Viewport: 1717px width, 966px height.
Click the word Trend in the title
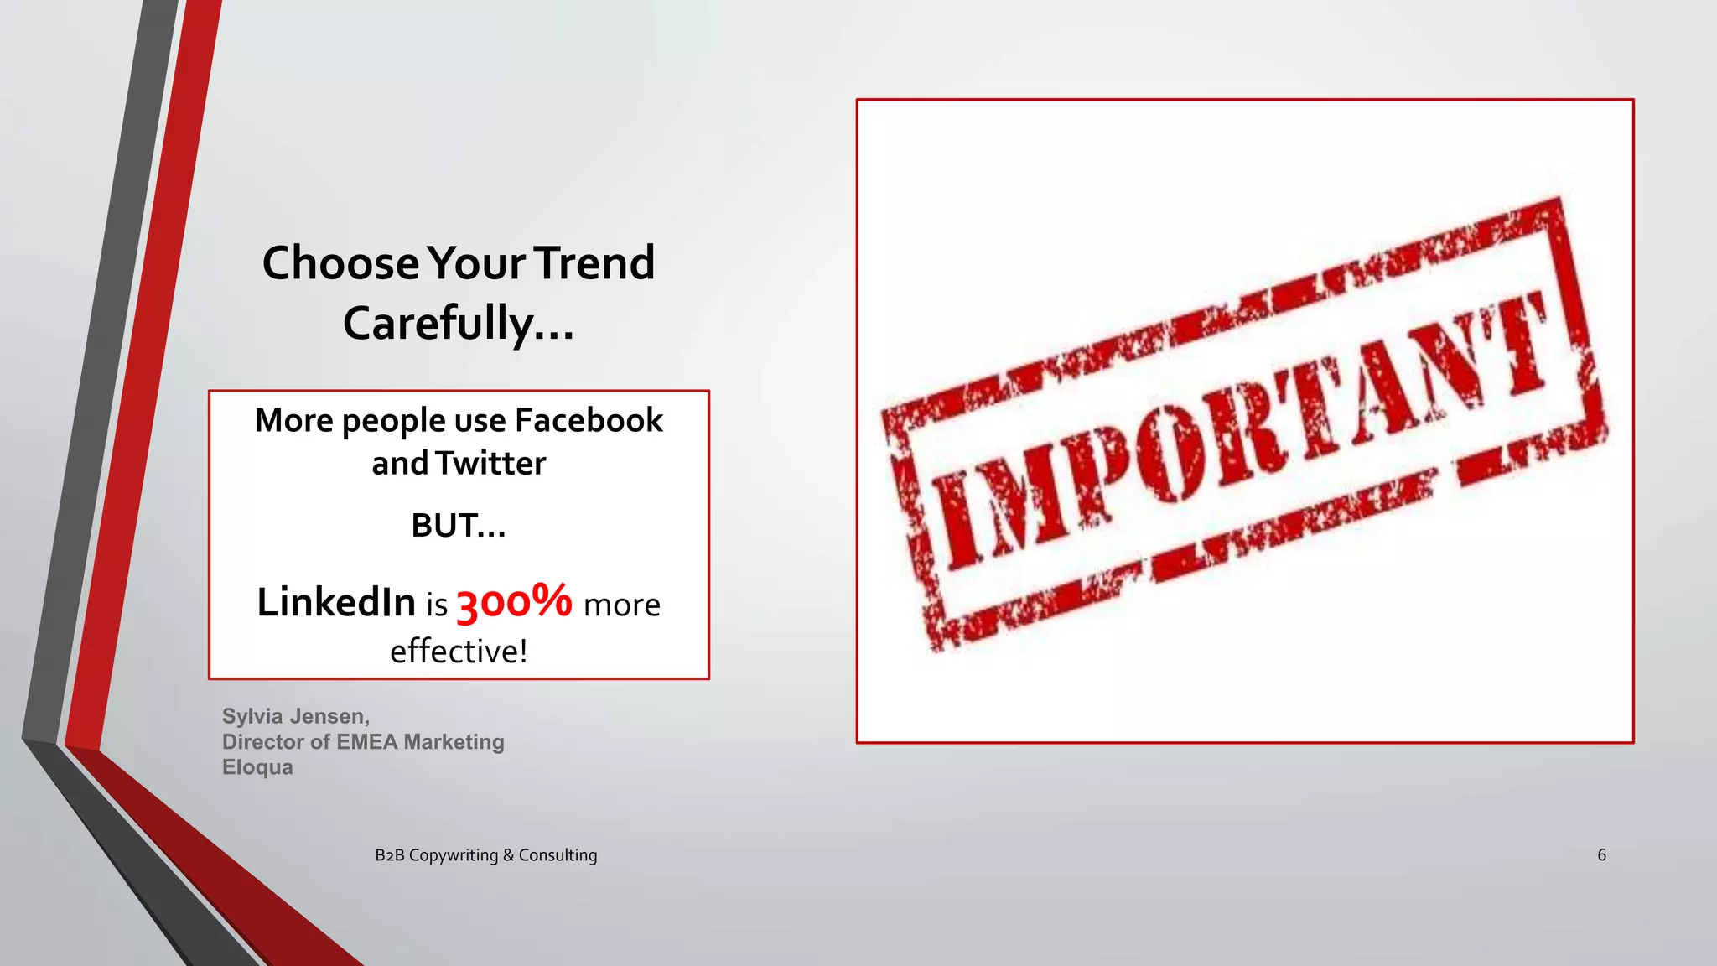coord(594,263)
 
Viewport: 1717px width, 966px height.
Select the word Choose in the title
coord(340,263)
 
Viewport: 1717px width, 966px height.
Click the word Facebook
coord(589,420)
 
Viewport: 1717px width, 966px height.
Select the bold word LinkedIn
coord(336,602)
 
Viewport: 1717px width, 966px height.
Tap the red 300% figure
coord(514,602)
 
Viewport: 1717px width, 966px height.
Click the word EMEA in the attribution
coord(366,742)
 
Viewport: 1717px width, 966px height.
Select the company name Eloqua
coord(257,767)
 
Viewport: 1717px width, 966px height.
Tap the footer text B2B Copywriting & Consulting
coord(486,855)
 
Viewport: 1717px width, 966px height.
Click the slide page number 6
coord(1601,855)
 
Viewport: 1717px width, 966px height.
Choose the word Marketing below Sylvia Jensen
coord(454,742)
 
